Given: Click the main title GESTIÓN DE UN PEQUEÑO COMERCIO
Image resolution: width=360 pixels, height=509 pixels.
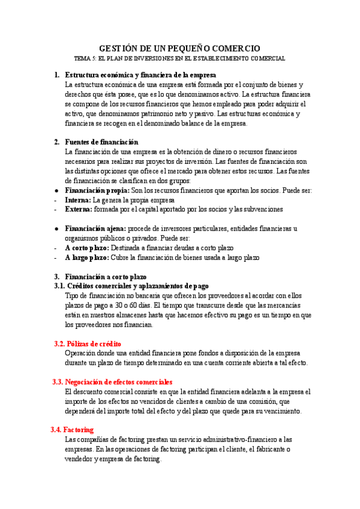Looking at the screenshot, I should click(179, 48).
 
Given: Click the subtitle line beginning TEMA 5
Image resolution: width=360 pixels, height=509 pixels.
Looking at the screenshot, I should click(179, 59).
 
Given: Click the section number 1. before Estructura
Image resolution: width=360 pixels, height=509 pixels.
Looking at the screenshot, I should click(56, 75).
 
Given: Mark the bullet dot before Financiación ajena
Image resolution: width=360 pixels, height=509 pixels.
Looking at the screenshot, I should click(56, 229).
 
